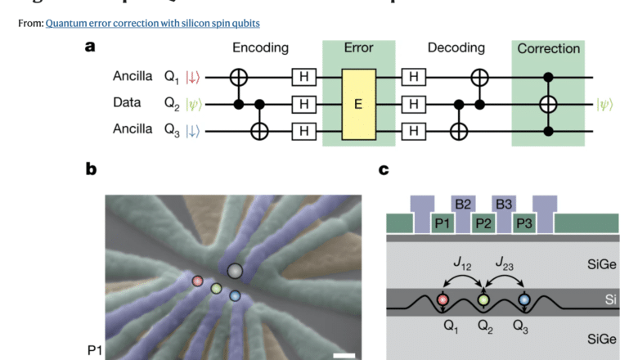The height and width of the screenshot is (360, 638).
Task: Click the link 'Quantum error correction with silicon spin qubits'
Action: [x=153, y=23]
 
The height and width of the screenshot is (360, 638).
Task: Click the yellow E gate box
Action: [x=357, y=104]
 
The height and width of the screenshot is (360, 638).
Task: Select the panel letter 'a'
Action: [x=90, y=47]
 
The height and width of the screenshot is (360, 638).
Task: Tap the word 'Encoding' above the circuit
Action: [x=260, y=48]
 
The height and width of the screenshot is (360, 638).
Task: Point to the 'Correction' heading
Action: [x=549, y=49]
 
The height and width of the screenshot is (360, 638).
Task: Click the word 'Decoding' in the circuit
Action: [x=456, y=48]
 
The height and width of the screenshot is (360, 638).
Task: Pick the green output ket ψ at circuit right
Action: [x=607, y=104]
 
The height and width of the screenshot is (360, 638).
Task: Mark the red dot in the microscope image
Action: [x=197, y=281]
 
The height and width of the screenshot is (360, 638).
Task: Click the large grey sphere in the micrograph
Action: [x=235, y=271]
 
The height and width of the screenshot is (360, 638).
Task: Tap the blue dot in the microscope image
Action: [x=235, y=295]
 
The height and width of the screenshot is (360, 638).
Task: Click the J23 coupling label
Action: [x=504, y=263]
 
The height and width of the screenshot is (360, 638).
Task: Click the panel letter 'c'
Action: [x=384, y=170]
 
